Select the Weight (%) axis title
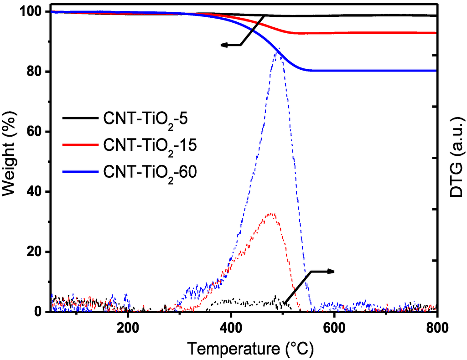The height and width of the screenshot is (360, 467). [x=10, y=162]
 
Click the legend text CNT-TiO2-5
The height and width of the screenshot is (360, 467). [x=146, y=120]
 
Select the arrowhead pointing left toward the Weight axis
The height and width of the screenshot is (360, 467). [x=224, y=45]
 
